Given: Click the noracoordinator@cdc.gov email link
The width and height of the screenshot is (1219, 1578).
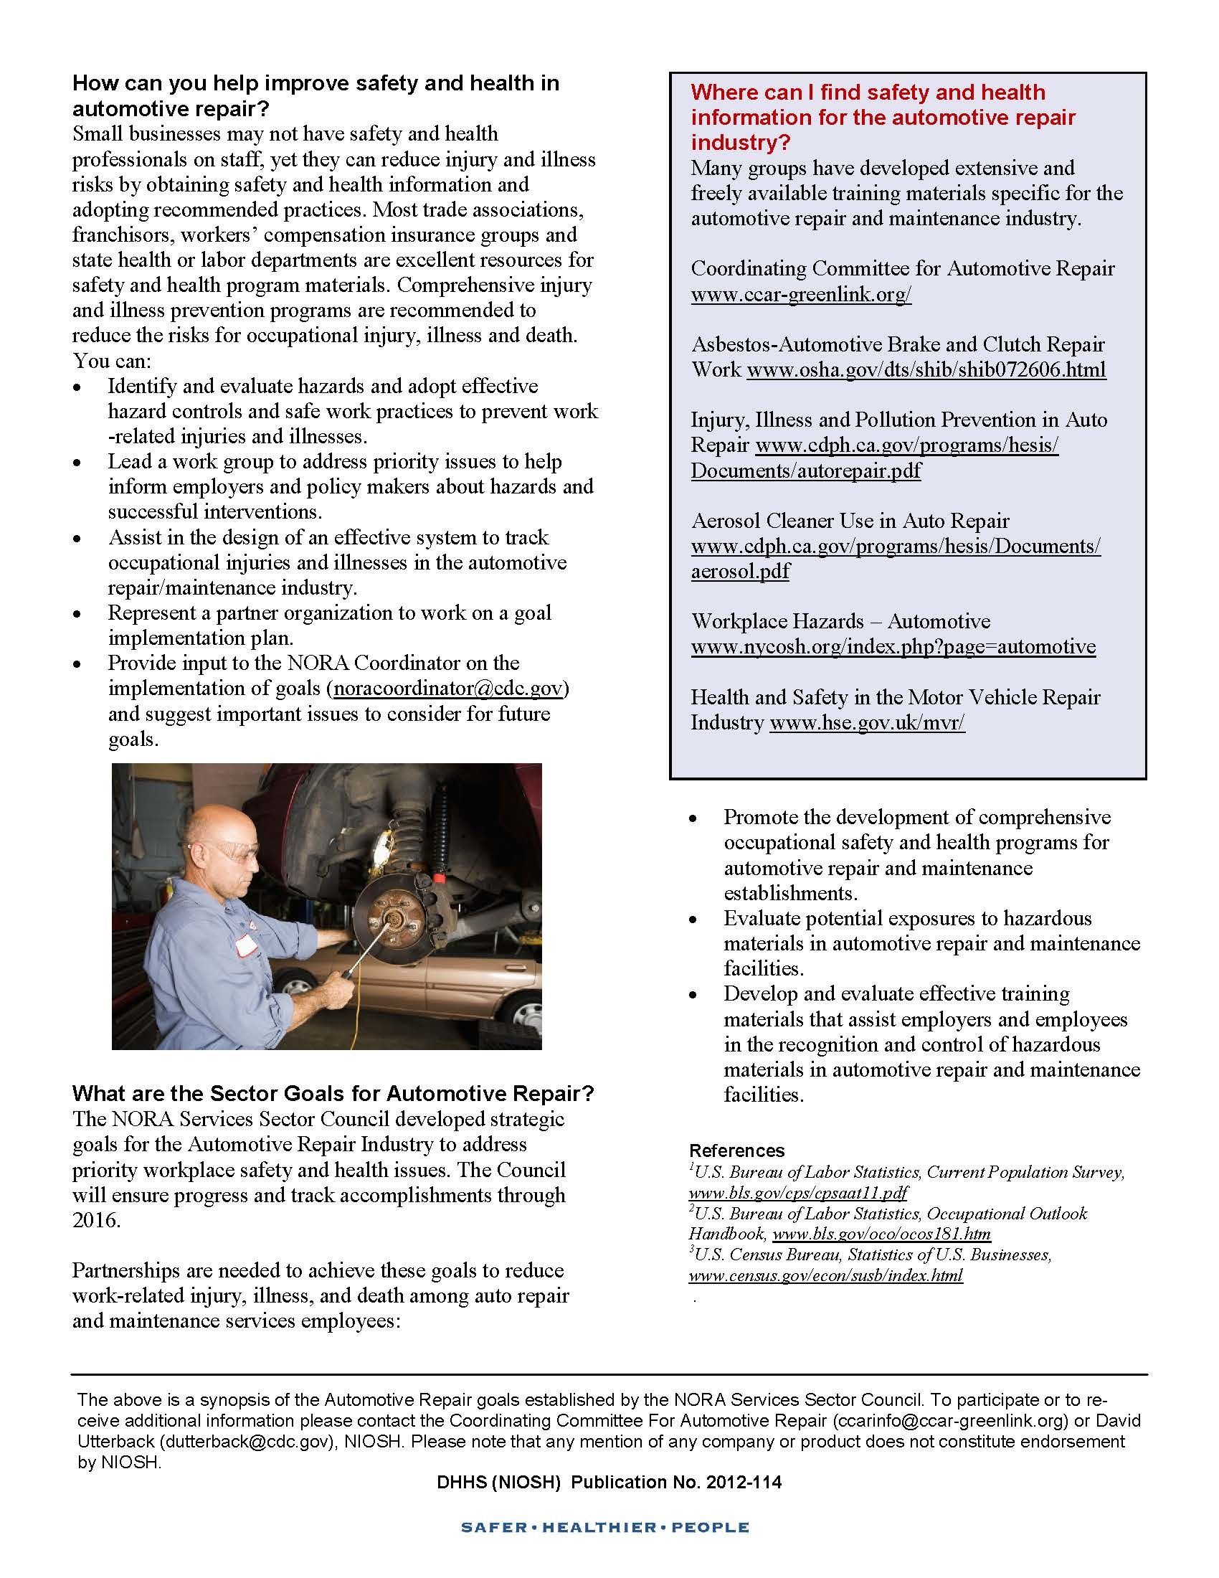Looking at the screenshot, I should (x=447, y=689).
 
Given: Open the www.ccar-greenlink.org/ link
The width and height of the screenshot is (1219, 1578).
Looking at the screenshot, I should (x=801, y=294).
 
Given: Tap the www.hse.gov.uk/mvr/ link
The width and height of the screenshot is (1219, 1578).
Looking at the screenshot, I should (x=867, y=722).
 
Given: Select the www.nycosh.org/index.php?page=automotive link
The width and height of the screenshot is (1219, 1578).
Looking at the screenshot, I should (x=893, y=647).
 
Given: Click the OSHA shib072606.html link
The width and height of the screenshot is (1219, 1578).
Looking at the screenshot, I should (x=926, y=370).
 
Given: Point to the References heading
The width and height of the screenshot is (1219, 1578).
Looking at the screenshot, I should (x=736, y=1151).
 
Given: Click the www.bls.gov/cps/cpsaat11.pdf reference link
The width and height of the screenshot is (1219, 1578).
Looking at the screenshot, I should (x=797, y=1192).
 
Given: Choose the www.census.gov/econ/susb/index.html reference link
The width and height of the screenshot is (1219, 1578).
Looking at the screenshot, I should (x=825, y=1275).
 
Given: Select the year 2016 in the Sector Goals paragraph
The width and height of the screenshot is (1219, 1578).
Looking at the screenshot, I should (x=95, y=1220).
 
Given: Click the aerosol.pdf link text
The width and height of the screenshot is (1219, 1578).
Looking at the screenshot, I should (x=739, y=571).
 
